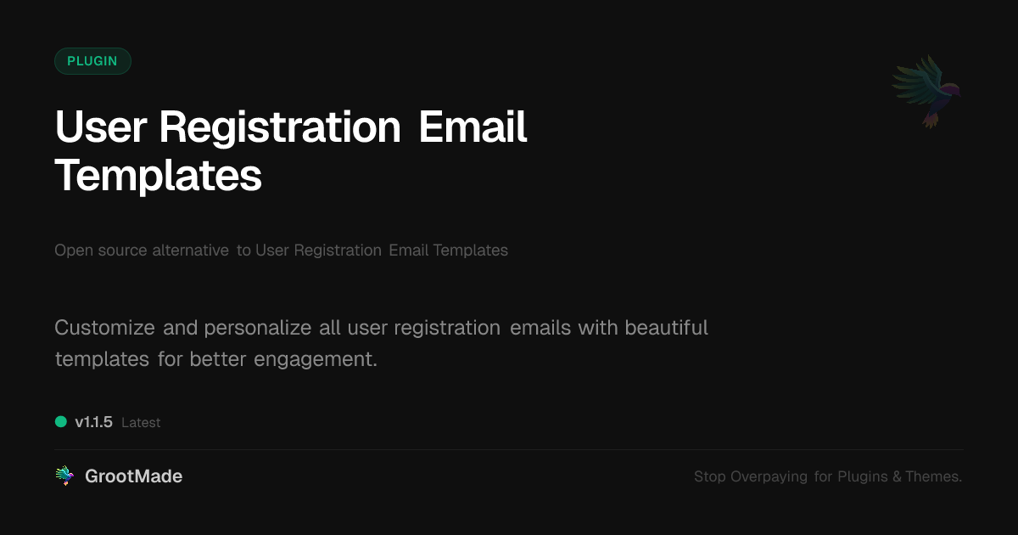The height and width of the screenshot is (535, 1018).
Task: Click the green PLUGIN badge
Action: (92, 61)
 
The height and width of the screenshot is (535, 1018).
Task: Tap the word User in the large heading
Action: (101, 127)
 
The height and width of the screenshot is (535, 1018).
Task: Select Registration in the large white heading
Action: (280, 127)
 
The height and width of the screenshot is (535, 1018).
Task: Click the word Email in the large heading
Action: (473, 127)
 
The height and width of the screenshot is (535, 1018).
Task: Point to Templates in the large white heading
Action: (158, 175)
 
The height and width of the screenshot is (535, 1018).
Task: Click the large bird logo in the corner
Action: (927, 90)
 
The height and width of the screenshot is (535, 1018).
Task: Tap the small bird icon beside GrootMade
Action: (64, 476)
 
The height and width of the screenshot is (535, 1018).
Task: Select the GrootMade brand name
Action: (133, 476)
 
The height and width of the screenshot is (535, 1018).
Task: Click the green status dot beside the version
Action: (61, 421)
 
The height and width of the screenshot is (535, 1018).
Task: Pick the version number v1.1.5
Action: (93, 422)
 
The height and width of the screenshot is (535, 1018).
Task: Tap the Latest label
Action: (141, 422)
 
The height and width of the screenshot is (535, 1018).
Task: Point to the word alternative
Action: (190, 251)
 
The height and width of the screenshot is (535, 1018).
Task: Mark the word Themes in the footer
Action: (933, 477)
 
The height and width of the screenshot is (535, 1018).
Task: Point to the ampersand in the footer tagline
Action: (897, 477)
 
